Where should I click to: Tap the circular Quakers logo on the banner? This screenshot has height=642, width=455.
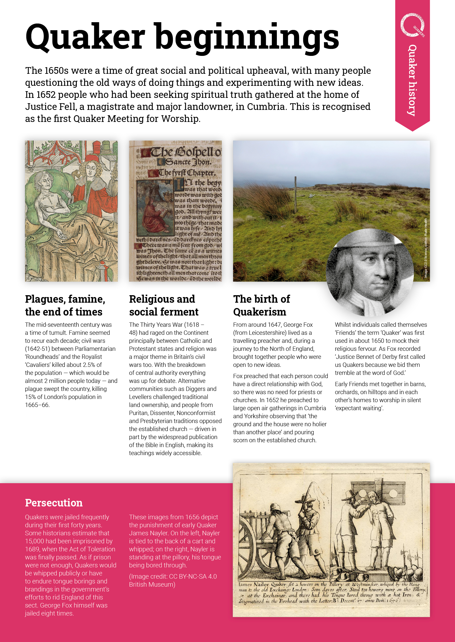tap(412, 25)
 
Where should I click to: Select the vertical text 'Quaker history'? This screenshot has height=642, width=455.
tap(412, 80)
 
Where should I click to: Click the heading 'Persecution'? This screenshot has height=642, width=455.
tap(54, 503)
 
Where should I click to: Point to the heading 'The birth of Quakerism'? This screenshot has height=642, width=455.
tap(261, 305)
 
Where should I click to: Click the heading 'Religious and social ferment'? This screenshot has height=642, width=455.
tap(164, 305)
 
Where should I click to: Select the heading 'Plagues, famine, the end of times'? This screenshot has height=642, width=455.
tap(65, 305)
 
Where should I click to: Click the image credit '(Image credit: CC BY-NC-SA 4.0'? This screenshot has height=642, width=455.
tap(173, 576)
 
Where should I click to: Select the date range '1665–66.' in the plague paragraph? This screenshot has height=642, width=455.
tap(37, 405)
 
